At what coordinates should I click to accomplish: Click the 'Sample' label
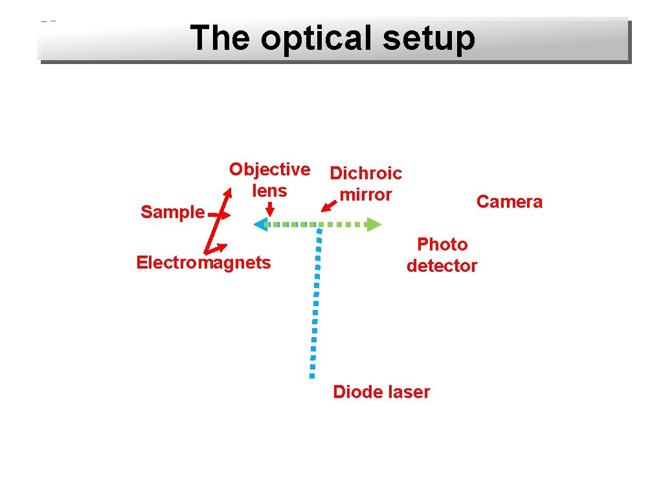[x=172, y=212]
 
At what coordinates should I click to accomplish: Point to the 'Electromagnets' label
[x=203, y=263]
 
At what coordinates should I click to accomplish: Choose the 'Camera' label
[x=510, y=202]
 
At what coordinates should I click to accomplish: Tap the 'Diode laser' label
[x=381, y=392]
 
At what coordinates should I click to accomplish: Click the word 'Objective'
[x=269, y=170]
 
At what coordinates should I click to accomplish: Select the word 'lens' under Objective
[x=269, y=191]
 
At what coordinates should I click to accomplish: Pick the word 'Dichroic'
[x=366, y=173]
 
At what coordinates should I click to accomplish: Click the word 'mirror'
[x=366, y=195]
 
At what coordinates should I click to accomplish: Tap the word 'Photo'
[x=442, y=245]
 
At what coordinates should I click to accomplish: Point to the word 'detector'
[x=442, y=266]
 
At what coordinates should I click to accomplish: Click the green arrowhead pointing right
[x=374, y=225]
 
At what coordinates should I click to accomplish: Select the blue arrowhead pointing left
[x=261, y=225]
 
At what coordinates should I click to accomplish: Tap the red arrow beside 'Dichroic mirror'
[x=330, y=206]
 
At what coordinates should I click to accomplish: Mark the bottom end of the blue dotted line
[x=311, y=374]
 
